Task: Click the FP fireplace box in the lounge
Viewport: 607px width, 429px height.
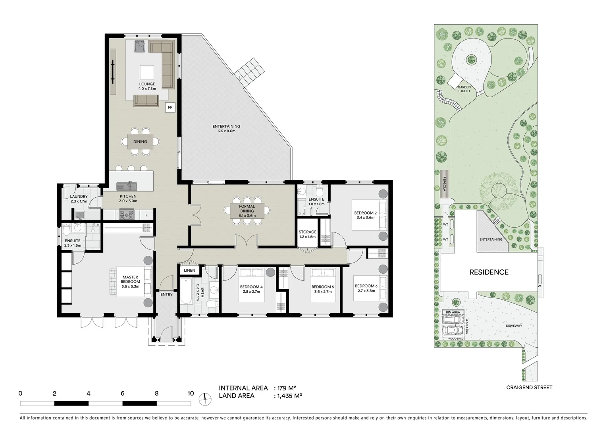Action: (170, 107)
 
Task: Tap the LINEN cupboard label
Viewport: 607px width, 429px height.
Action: (189, 271)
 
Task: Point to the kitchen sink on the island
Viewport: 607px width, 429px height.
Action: (127, 186)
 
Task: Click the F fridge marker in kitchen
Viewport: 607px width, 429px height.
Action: (146, 215)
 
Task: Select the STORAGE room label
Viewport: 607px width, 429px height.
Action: (307, 232)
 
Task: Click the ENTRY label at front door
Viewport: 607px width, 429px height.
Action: (166, 294)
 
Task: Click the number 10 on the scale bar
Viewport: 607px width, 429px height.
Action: (191, 394)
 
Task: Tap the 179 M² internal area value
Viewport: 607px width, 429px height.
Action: (287, 388)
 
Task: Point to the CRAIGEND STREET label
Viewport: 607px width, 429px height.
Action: (529, 387)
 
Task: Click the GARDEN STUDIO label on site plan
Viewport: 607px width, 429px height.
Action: (464, 89)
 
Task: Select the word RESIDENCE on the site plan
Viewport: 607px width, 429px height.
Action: (489, 272)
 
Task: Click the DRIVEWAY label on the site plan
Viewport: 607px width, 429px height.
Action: (514, 326)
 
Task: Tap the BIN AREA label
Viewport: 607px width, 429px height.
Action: (453, 312)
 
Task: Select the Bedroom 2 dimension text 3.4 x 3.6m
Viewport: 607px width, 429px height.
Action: (365, 217)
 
